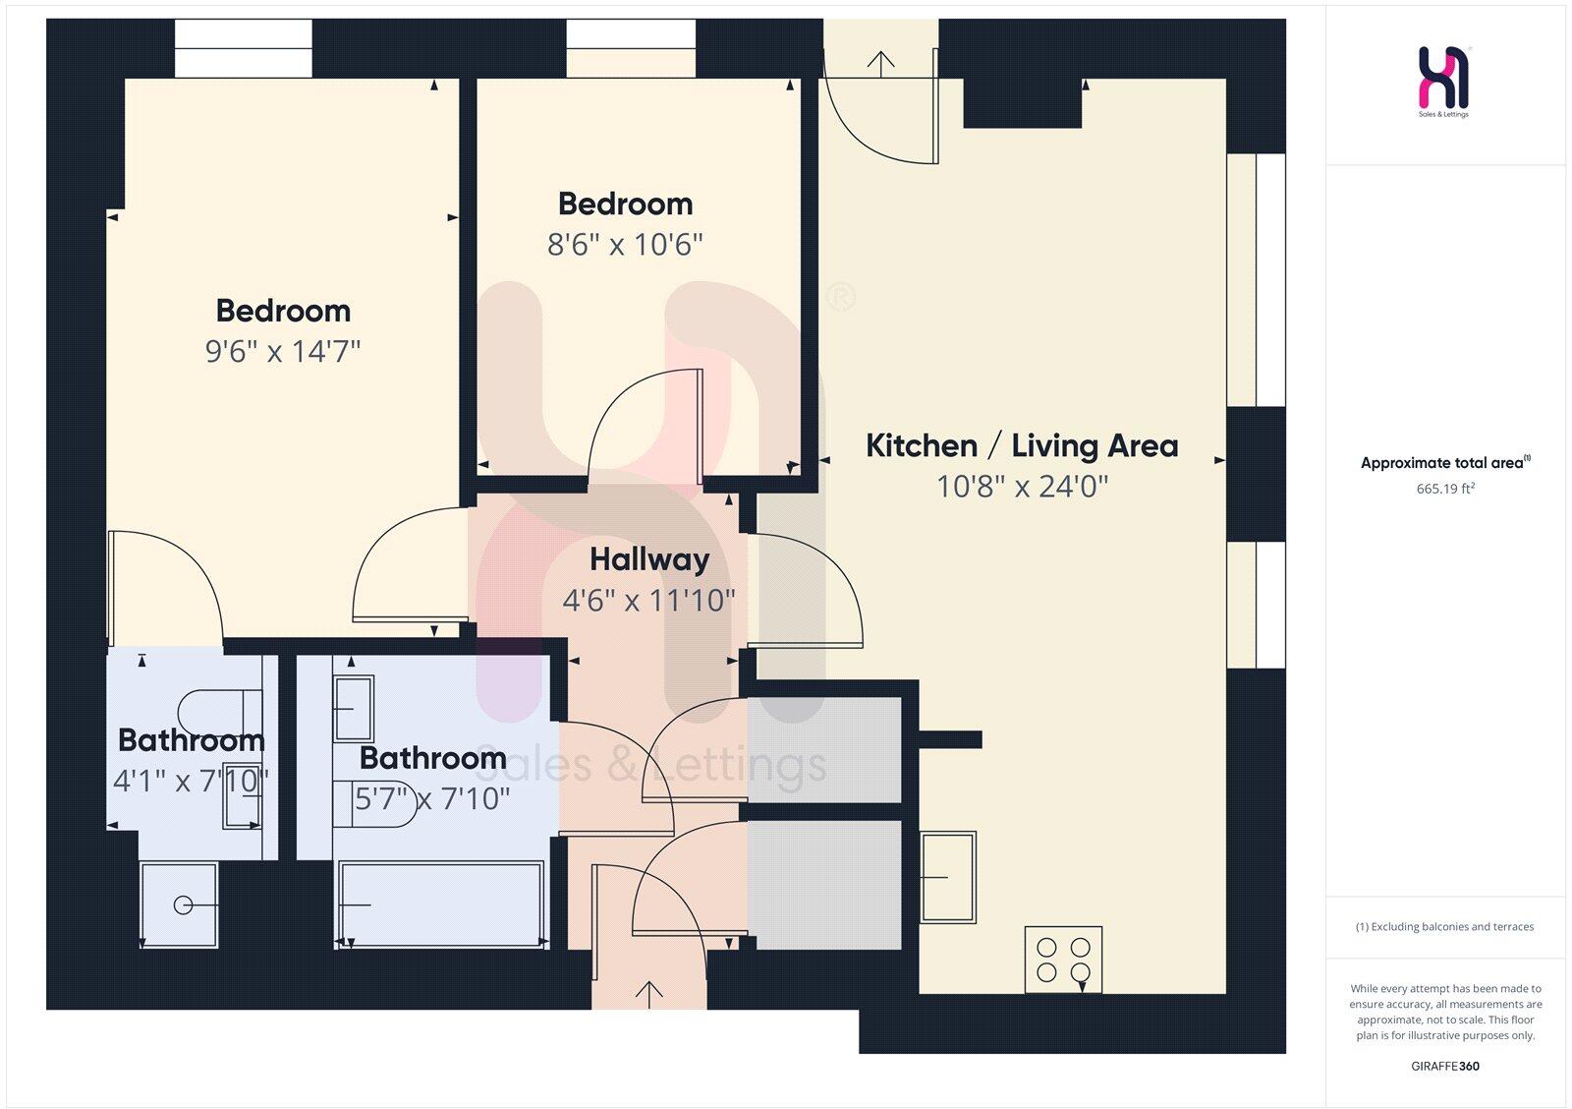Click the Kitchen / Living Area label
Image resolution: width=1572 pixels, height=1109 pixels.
[x=1021, y=445]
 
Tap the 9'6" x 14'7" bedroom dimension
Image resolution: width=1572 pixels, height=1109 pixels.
[x=283, y=351]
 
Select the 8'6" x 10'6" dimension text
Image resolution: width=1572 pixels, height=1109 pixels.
[x=625, y=244]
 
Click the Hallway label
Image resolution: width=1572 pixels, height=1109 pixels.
[x=649, y=559]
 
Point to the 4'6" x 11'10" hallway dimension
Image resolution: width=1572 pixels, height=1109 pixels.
[x=648, y=600]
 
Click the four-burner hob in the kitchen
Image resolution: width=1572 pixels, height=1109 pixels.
[x=1063, y=960]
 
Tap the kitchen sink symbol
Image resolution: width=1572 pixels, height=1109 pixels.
[x=948, y=876]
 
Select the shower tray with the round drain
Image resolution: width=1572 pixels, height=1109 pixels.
[x=179, y=905]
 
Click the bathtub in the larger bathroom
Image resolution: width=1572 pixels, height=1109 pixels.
[x=441, y=905]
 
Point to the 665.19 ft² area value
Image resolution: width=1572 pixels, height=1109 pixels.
[x=1445, y=489]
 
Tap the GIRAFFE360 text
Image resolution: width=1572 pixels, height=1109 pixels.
[x=1445, y=1066]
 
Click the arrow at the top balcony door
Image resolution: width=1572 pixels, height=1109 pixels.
[x=880, y=63]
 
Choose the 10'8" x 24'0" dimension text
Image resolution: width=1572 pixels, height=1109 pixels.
[x=1022, y=487]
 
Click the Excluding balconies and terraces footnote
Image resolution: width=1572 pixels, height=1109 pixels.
[x=1444, y=926]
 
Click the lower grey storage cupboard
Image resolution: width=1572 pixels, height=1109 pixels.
[x=824, y=885]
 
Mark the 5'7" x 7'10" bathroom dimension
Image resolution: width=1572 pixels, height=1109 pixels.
[x=432, y=798]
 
